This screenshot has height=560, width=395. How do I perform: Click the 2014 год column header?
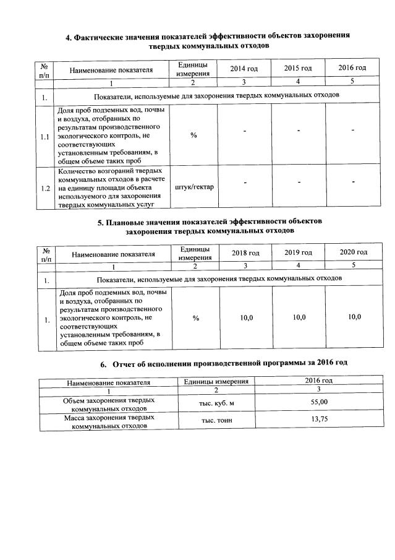click(x=244, y=67)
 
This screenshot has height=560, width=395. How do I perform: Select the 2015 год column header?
click(x=297, y=67)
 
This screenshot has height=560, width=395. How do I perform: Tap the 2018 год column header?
click(x=245, y=253)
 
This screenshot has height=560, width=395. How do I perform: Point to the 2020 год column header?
click(x=354, y=252)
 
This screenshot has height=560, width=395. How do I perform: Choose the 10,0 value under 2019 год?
click(x=299, y=317)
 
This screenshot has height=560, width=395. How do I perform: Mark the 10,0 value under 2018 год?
click(x=246, y=317)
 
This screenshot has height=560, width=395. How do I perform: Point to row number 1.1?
click(x=45, y=137)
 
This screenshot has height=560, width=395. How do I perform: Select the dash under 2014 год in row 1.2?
click(x=244, y=183)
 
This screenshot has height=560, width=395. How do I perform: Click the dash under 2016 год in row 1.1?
click(x=352, y=131)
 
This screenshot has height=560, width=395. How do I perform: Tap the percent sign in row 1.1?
click(x=193, y=136)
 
